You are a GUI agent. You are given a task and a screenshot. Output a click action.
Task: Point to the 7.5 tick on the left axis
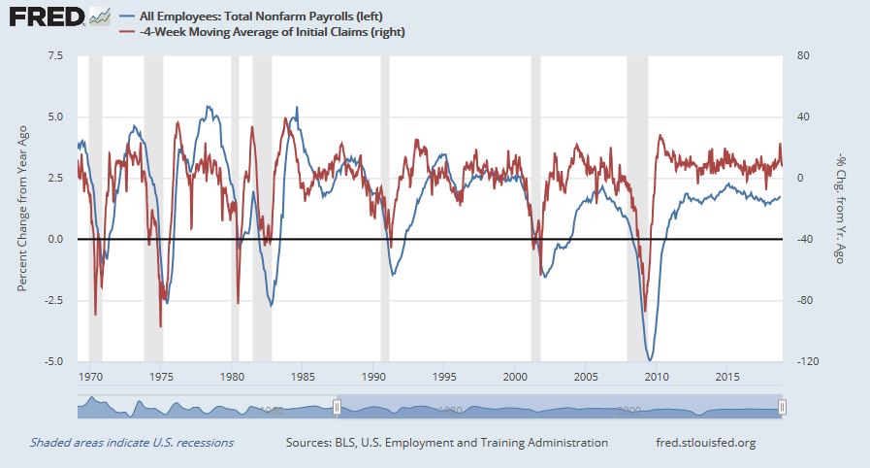coord(55,55)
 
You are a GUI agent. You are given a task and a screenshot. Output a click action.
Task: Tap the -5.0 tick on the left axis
coord(53,362)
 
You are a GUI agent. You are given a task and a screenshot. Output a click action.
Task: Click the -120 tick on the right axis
coord(804,362)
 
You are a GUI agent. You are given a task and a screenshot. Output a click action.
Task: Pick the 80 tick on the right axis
coord(800,55)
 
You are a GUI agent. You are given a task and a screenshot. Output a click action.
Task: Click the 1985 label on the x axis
coord(302,376)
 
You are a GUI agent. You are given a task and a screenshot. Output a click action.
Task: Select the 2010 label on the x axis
coord(657,376)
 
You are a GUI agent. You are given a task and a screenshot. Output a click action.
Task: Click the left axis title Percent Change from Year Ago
coord(22,208)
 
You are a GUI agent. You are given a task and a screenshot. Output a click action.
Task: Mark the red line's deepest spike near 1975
coord(161,326)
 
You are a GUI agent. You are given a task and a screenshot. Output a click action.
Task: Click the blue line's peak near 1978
coord(207,107)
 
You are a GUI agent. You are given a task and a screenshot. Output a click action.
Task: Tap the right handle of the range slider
coord(782,407)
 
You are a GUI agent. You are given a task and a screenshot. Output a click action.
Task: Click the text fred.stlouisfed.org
coord(706,443)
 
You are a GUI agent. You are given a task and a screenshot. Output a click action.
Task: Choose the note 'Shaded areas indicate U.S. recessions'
coord(132,443)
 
